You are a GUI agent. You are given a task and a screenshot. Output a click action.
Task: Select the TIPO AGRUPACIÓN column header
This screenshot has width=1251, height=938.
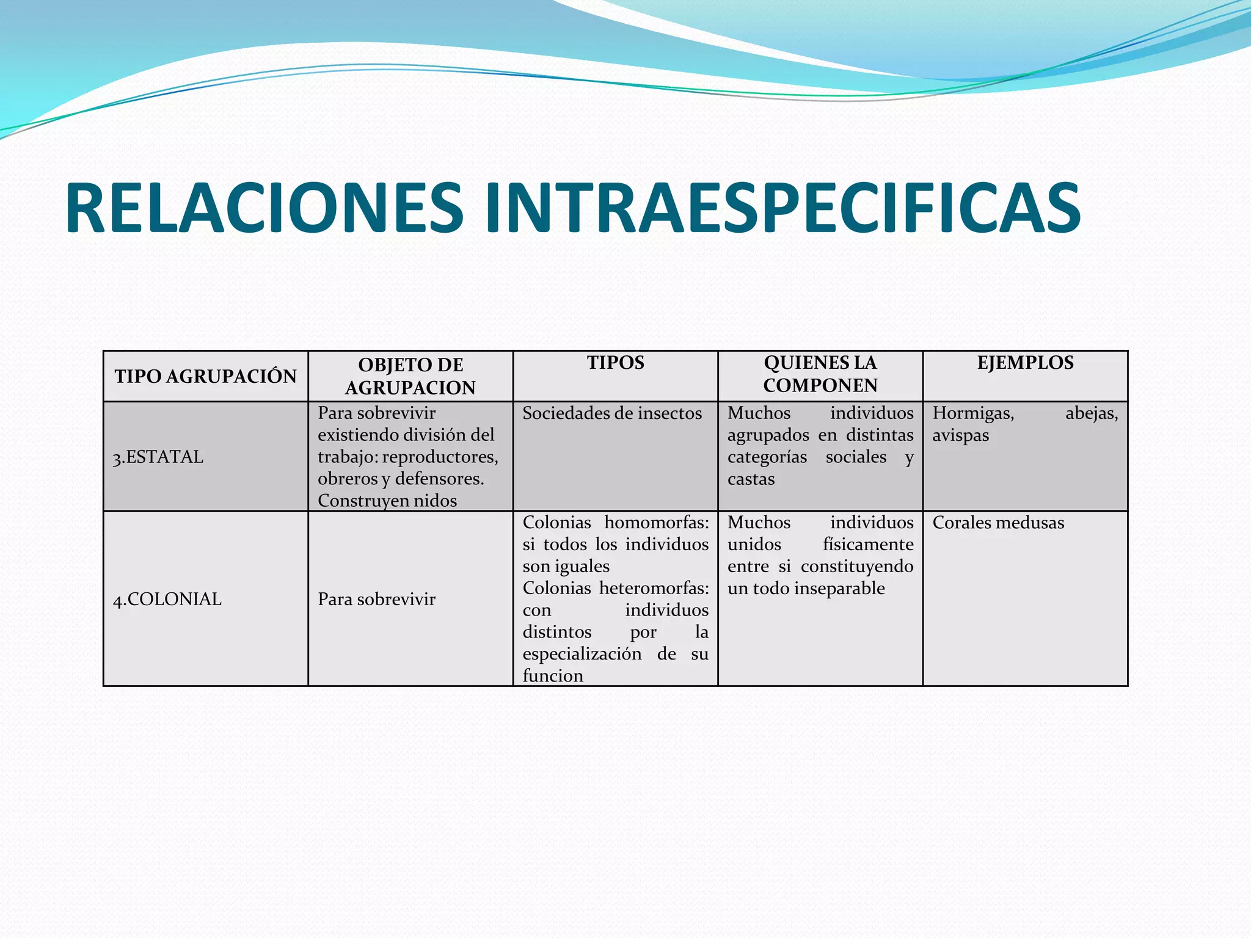[205, 376]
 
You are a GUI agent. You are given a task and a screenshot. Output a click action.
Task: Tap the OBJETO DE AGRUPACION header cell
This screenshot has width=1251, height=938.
[410, 376]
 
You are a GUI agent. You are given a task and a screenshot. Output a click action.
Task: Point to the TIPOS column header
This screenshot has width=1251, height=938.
[616, 363]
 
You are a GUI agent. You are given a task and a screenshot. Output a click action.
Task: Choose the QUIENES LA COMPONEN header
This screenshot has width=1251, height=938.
[820, 374]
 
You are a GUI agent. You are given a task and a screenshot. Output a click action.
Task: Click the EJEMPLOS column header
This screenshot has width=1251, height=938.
[1025, 363]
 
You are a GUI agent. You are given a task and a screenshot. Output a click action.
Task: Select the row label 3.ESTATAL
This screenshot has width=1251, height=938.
[158, 457]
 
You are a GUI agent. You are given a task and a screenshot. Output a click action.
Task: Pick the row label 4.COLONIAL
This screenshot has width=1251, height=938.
[167, 599]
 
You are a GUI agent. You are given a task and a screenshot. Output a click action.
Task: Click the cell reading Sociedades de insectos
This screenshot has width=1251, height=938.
[612, 413]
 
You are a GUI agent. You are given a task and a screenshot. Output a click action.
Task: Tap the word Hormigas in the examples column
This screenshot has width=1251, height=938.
[973, 413]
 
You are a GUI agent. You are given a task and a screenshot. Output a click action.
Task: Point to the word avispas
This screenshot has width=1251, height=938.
[960, 435]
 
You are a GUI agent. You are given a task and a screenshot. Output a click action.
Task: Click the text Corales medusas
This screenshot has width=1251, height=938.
[998, 523]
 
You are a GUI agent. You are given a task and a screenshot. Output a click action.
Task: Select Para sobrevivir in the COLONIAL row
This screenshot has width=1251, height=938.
[376, 599]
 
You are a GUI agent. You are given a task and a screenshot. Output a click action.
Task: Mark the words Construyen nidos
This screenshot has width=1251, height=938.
[387, 501]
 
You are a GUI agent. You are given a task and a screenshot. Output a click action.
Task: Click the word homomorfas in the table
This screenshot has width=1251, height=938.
[656, 523]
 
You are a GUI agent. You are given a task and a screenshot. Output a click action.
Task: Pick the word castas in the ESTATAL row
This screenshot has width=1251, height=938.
[751, 479]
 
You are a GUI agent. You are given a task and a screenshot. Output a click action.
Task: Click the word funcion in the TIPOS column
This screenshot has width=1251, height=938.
[553, 675]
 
